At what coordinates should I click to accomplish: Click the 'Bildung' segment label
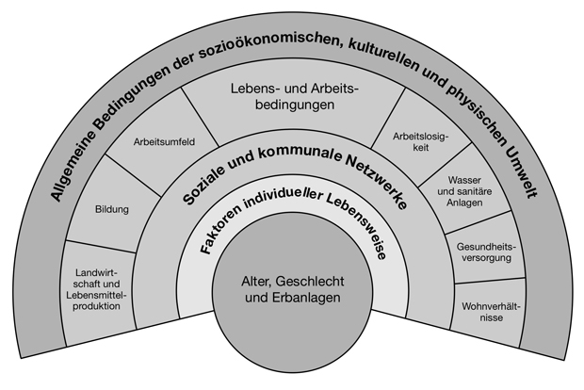click(112, 209)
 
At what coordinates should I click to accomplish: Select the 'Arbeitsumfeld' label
click(164, 142)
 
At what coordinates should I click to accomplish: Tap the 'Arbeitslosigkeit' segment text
click(421, 142)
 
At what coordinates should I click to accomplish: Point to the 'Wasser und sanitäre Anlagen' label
click(464, 191)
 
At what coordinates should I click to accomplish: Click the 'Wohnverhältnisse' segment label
click(492, 312)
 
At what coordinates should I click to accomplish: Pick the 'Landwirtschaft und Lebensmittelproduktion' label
click(97, 289)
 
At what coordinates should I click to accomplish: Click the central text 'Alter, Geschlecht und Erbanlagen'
click(292, 289)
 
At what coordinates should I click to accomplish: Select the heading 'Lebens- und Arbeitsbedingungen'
click(294, 96)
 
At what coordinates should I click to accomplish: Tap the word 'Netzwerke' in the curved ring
click(376, 180)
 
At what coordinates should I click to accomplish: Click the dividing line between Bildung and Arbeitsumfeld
click(133, 174)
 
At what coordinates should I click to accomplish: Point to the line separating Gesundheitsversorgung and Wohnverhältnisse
click(490, 281)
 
